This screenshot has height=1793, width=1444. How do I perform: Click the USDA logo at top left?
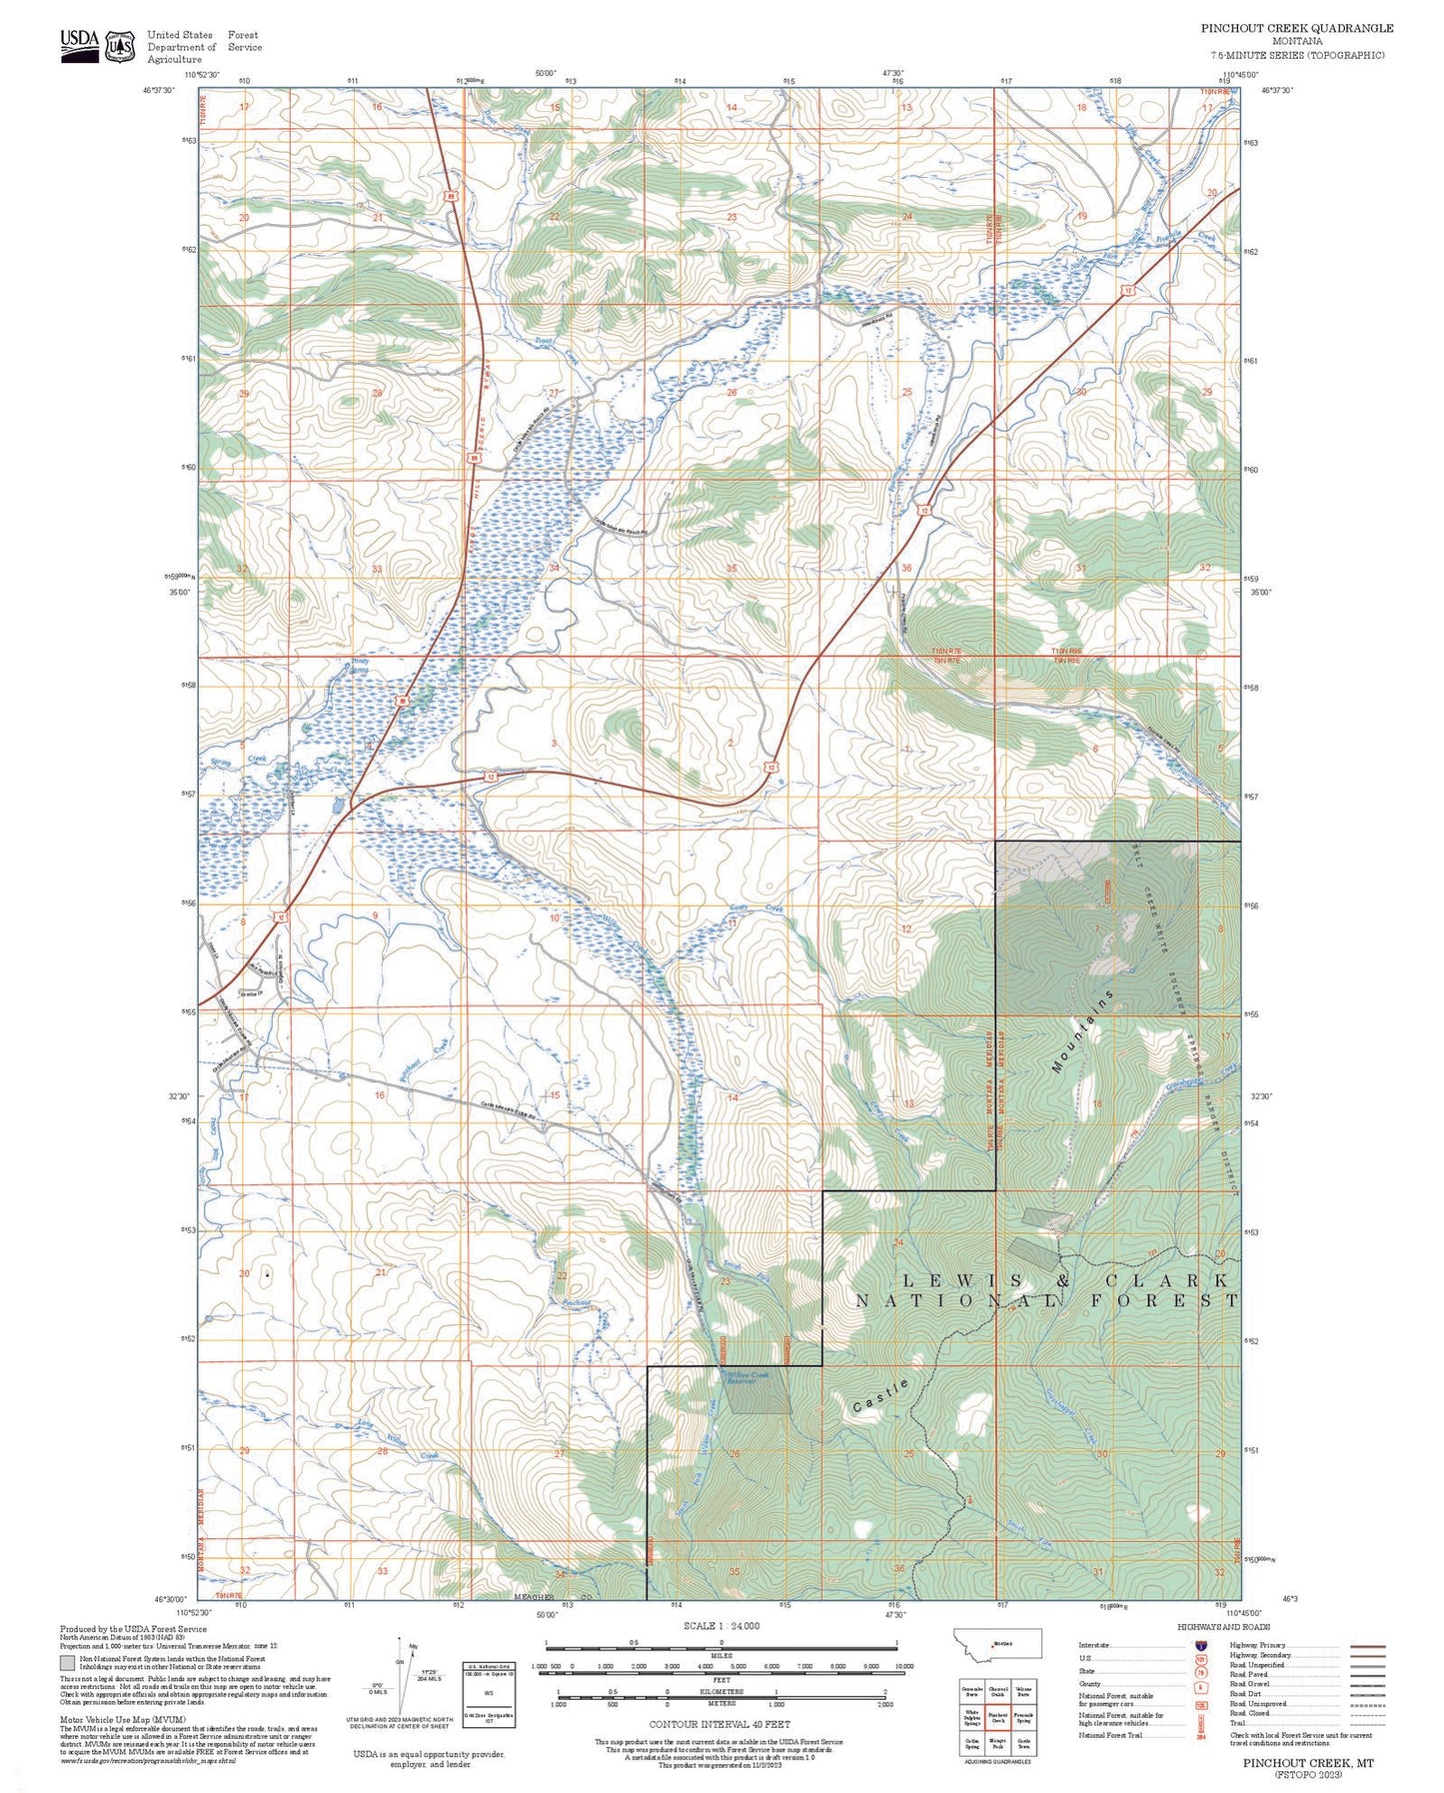point(80,45)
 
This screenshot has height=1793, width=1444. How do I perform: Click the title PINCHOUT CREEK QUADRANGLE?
point(1296,28)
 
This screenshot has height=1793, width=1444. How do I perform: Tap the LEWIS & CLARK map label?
point(1065,1281)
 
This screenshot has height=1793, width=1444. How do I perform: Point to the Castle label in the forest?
point(881,1395)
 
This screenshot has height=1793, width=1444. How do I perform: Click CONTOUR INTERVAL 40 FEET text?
point(720,1724)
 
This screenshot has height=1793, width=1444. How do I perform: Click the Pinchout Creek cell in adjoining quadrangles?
point(998,1717)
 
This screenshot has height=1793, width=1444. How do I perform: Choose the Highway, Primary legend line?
point(1367,1645)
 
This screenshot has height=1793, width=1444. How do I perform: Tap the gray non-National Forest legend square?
point(67,1664)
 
